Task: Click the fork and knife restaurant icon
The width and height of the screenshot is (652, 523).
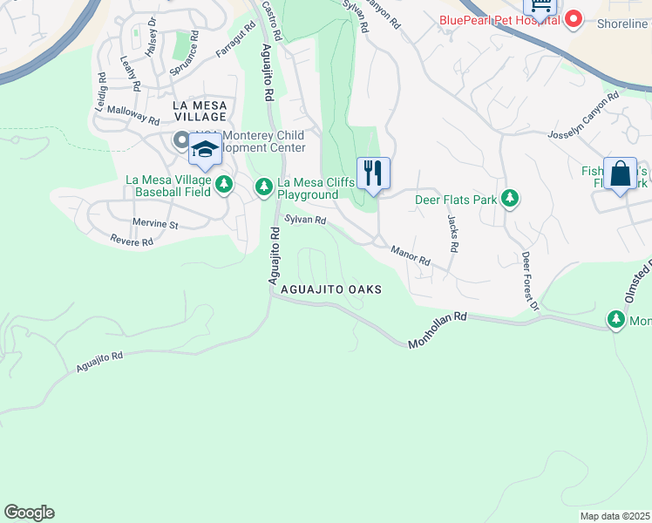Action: tap(373, 173)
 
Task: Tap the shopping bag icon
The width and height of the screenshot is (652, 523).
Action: tap(621, 173)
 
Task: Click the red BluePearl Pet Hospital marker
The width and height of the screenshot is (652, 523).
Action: tap(574, 17)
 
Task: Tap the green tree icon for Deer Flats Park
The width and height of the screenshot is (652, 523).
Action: tap(509, 200)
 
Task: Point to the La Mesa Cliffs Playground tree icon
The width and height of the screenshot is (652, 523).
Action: tap(264, 187)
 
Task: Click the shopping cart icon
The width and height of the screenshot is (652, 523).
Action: tap(540, 7)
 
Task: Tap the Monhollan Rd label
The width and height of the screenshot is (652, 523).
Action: tap(438, 332)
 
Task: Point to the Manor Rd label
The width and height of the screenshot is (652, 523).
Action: tap(411, 255)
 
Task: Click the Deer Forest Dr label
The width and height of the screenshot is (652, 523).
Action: tap(530, 282)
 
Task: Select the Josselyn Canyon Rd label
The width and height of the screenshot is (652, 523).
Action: tap(582, 126)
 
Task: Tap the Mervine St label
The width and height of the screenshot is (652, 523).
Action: tap(155, 224)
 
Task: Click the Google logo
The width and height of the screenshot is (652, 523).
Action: tap(29, 513)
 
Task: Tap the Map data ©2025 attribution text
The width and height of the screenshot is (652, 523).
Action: tap(614, 516)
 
